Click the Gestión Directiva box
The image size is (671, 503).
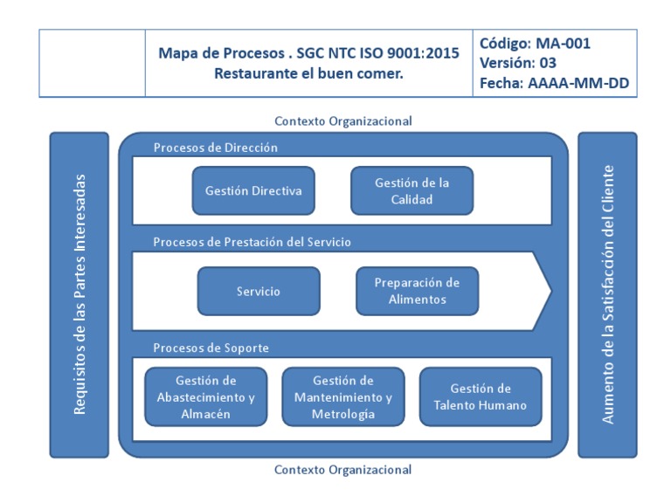253,190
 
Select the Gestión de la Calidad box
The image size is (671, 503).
412,190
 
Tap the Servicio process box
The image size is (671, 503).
259,291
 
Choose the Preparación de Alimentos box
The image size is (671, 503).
417,291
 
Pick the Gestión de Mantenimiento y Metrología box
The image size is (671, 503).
343,396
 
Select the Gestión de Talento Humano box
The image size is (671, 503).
481,396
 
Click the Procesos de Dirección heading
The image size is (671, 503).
215,148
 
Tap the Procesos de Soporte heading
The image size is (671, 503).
211,348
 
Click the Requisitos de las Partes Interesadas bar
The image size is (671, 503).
80,294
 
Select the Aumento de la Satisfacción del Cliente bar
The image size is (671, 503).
608,294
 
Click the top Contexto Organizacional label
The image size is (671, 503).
342,121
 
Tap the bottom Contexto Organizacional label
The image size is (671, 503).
342,469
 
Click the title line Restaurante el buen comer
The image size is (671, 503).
308,73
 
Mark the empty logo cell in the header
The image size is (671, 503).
92,63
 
